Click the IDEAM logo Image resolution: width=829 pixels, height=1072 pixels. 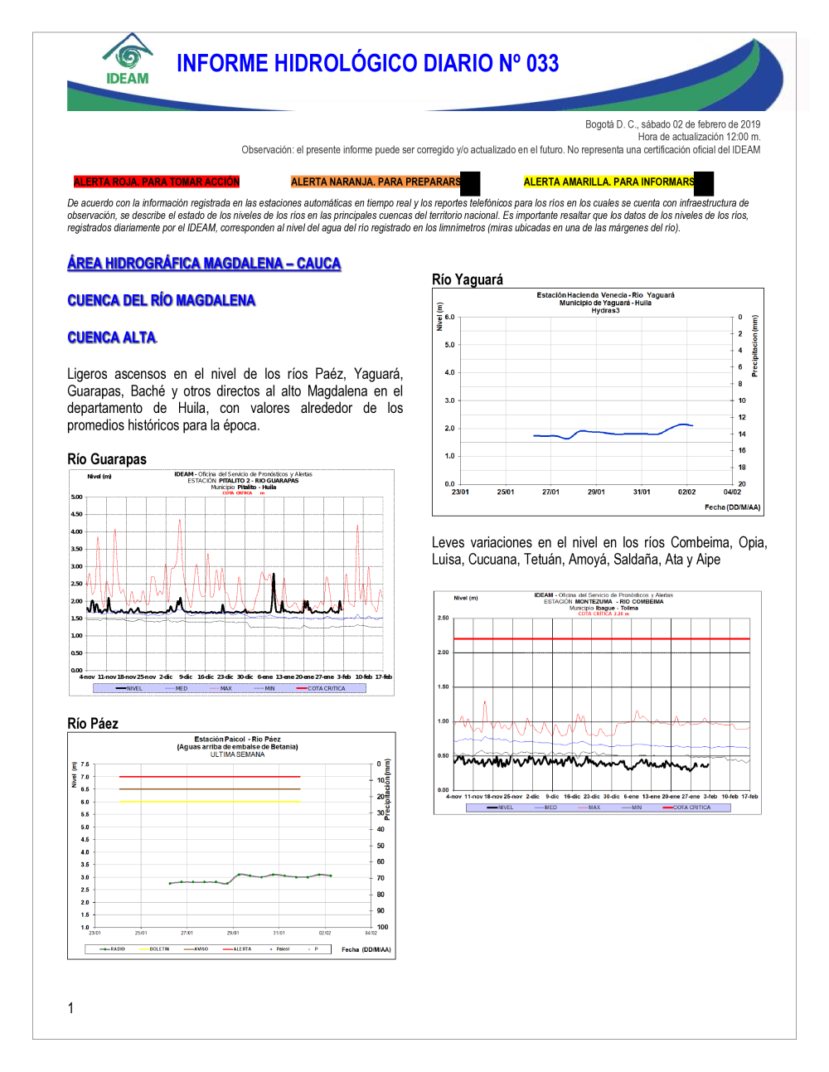click(x=128, y=60)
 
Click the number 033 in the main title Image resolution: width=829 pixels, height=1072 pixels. click(x=542, y=64)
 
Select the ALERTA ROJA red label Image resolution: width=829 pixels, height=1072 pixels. click(x=156, y=182)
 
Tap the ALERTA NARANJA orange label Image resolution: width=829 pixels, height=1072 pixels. click(x=376, y=182)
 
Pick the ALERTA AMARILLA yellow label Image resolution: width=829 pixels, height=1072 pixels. click(x=608, y=182)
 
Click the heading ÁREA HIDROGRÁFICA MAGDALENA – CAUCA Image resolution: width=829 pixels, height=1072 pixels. click(x=204, y=264)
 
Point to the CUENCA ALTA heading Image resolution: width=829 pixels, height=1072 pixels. click(x=111, y=337)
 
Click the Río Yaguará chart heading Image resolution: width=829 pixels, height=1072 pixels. click(x=468, y=279)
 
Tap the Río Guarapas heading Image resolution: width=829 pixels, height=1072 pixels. click(x=107, y=459)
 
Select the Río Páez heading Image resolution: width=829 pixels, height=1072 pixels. click(x=93, y=724)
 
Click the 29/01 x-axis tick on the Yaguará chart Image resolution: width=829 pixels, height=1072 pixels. click(x=596, y=492)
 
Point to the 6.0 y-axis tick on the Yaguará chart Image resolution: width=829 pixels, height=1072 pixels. click(x=449, y=317)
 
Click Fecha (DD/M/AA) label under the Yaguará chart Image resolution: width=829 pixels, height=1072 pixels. click(x=732, y=507)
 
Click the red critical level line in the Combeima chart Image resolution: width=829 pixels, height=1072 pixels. click(x=601, y=638)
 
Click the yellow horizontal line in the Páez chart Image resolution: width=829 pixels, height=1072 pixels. click(x=209, y=802)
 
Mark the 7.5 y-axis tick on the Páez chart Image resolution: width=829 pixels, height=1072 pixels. click(x=85, y=764)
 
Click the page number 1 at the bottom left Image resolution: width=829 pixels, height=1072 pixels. click(x=70, y=1008)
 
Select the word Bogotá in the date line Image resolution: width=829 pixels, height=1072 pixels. click(x=599, y=124)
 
